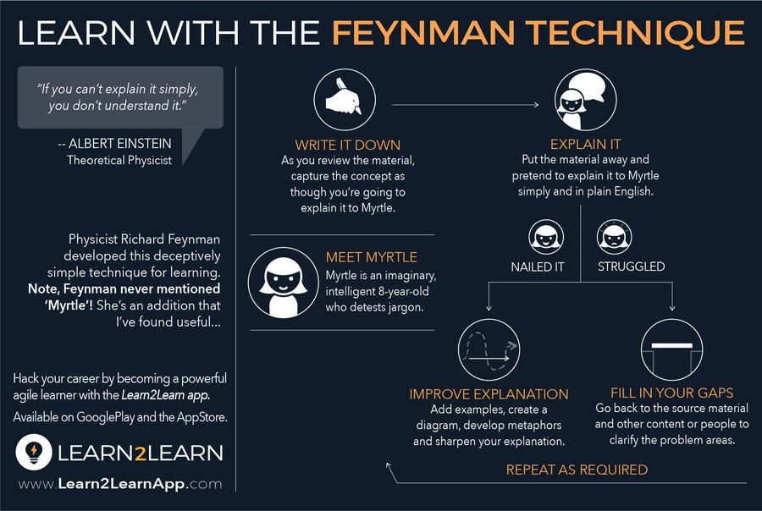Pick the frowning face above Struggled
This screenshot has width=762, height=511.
(x=612, y=237)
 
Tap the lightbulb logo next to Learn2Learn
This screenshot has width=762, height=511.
(x=32, y=452)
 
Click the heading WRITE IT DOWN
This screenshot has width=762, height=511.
(x=347, y=145)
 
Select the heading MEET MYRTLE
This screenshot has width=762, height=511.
(x=371, y=257)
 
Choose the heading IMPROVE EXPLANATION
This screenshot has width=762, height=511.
(x=489, y=394)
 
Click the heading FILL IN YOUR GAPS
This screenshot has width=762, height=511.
(x=671, y=394)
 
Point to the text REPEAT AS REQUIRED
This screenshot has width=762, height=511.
(x=576, y=470)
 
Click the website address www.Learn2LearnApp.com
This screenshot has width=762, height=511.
(x=119, y=484)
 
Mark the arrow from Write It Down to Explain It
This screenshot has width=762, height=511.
(x=461, y=105)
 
